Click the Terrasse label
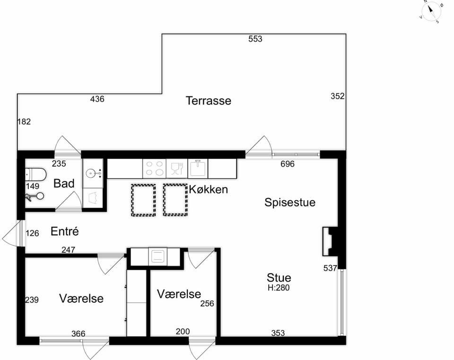pyautogui.click(x=209, y=101)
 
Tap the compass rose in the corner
pyautogui.click(x=431, y=11)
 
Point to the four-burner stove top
pyautogui.click(x=154, y=168)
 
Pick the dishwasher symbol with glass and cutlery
pyautogui.click(x=177, y=168)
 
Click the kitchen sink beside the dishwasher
pyautogui.click(x=198, y=168)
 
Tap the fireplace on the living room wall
pyautogui.click(x=330, y=241)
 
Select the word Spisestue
pyautogui.click(x=290, y=202)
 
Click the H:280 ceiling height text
pyautogui.click(x=279, y=288)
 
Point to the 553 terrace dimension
pyautogui.click(x=255, y=39)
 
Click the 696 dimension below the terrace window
pyautogui.click(x=288, y=164)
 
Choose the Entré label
pyautogui.click(x=65, y=231)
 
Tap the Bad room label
pyautogui.click(x=64, y=183)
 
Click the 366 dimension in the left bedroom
pyautogui.click(x=79, y=334)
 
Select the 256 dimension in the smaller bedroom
pyautogui.click(x=207, y=303)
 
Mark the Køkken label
pyautogui.click(x=209, y=189)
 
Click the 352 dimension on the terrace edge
pyautogui.click(x=338, y=96)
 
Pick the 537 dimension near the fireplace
pyautogui.click(x=331, y=268)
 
